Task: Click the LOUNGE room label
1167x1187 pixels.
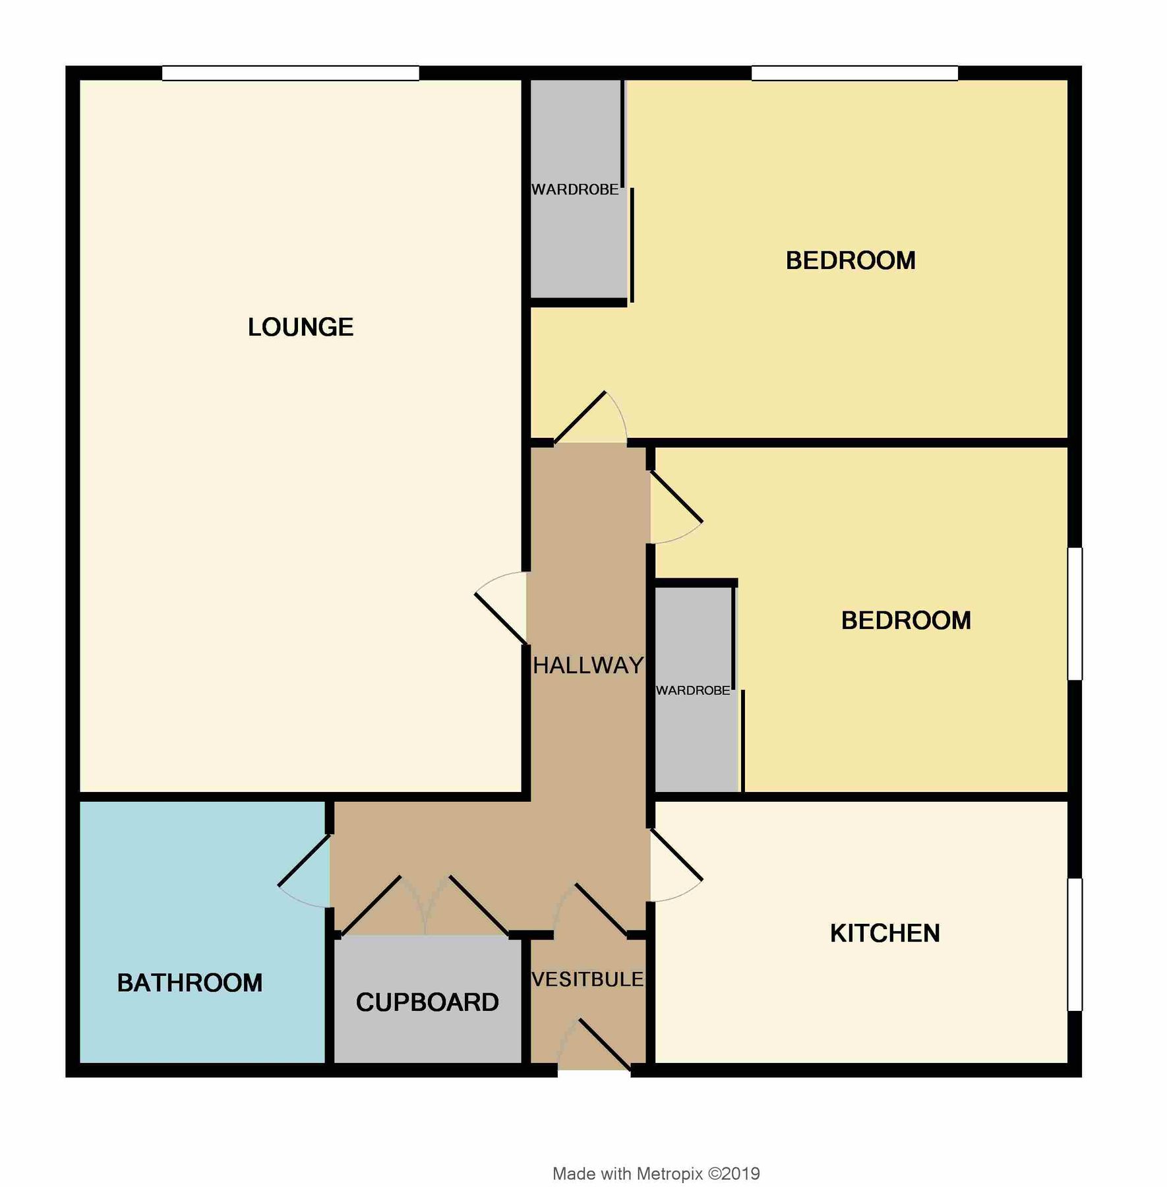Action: [x=301, y=327]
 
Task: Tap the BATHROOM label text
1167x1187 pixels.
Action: [x=190, y=983]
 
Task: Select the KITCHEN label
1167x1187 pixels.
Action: [x=885, y=933]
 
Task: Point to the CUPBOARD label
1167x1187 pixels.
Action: [x=427, y=1002]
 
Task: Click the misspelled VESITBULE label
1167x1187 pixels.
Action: [x=587, y=980]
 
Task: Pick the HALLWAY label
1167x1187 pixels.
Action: [x=588, y=666]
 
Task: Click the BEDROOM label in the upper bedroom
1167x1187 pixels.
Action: [x=851, y=260]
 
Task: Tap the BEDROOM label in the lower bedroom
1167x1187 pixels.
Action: [x=906, y=621]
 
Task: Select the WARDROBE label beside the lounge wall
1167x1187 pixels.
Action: [x=575, y=190]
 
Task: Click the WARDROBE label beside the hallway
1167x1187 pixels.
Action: [x=693, y=690]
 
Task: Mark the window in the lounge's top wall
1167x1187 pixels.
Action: [x=290, y=73]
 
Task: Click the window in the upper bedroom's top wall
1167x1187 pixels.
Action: [x=854, y=73]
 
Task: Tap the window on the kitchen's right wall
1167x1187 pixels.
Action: [x=1075, y=944]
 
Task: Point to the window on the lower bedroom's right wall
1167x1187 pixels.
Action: [x=1075, y=613]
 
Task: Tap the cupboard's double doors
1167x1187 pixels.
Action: [x=425, y=907]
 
